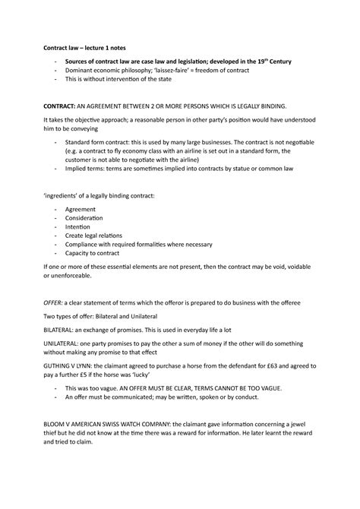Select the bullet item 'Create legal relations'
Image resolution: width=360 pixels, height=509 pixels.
point(96,236)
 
